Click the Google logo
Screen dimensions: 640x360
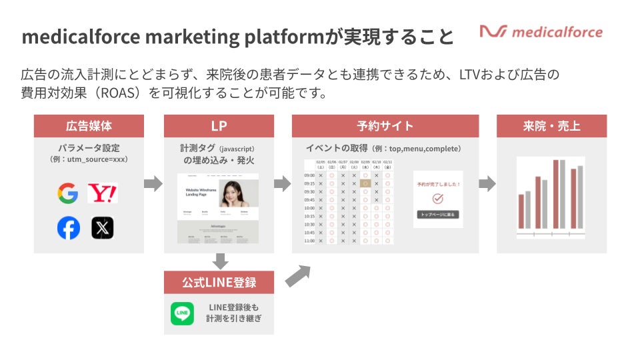click(x=68, y=194)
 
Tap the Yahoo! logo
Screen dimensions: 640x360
click(x=102, y=194)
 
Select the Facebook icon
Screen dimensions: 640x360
click(x=68, y=228)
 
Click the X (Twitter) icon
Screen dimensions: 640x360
click(x=102, y=228)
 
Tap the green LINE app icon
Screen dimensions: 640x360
click(x=182, y=313)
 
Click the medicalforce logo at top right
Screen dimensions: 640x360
click(x=541, y=31)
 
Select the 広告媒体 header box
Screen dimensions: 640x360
click(x=89, y=126)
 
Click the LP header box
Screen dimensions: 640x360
click(x=219, y=126)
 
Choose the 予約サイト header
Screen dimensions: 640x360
click(x=385, y=126)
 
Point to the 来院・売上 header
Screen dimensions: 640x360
click(x=551, y=126)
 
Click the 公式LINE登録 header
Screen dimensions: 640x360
click(x=219, y=282)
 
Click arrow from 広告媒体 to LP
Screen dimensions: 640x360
click(x=153, y=184)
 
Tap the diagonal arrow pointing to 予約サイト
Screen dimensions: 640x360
click(x=298, y=275)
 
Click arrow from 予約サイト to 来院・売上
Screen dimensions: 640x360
click(x=487, y=184)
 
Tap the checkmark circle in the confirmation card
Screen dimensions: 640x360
click(x=438, y=199)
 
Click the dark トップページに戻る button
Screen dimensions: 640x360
click(x=438, y=215)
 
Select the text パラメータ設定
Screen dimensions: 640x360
click(x=89, y=148)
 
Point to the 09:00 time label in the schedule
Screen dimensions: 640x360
click(x=309, y=175)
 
